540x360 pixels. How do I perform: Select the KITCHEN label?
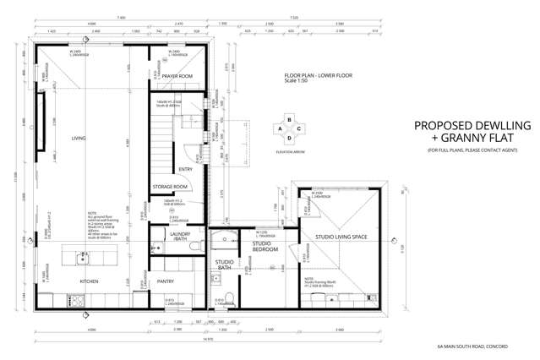[90, 280]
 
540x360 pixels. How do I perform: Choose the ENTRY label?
[185, 168]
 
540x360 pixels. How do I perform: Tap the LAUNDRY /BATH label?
[179, 237]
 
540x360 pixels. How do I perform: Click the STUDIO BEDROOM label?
[267, 247]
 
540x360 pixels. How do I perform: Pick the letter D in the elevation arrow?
[290, 138]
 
